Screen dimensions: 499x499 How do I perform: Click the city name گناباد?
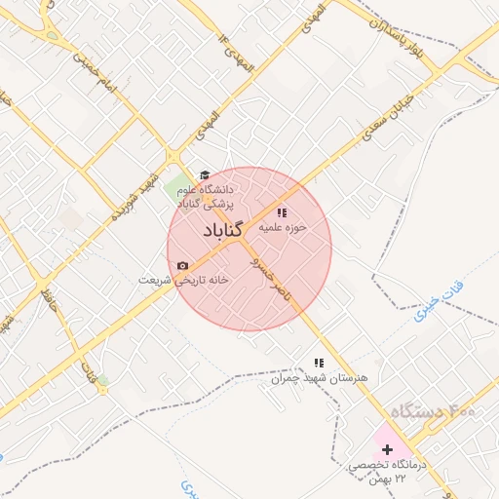point(223,231)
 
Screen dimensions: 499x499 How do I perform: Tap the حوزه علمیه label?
point(283,227)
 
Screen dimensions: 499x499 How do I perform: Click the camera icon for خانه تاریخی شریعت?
point(182,265)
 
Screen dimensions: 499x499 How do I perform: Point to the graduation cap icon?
point(204,174)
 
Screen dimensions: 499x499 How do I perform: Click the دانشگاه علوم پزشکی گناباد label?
point(205,195)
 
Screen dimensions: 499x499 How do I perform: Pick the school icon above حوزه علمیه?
point(282,211)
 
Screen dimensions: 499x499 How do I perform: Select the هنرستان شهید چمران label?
point(319,377)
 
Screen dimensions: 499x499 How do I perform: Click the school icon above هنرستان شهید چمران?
point(318,363)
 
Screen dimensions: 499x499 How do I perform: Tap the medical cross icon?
point(388,449)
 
